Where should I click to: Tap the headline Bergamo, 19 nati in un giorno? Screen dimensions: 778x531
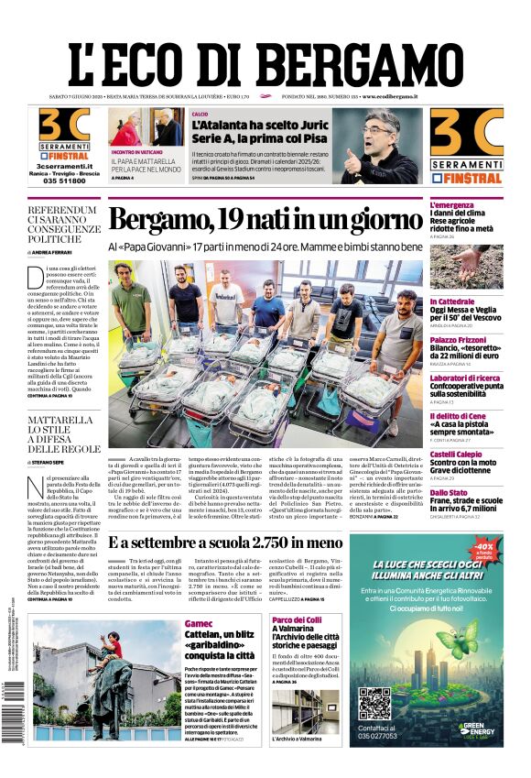click(x=265, y=220)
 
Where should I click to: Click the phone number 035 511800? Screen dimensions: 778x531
click(x=63, y=181)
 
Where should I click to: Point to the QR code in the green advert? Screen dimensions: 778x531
click(x=374, y=705)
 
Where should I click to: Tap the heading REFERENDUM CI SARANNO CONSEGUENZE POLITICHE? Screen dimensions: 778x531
click(x=62, y=225)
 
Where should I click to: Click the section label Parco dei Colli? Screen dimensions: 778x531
click(x=295, y=620)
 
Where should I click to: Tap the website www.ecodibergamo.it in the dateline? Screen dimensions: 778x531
click(x=389, y=96)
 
